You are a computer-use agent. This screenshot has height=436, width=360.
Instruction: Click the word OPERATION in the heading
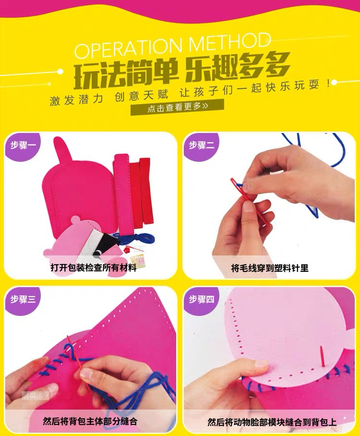128,47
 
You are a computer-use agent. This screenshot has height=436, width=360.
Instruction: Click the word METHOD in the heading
229,42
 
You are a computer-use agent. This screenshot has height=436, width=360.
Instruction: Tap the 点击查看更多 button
177,107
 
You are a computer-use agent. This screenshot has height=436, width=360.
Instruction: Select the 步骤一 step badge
23,145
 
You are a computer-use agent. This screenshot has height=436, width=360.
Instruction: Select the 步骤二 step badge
201,145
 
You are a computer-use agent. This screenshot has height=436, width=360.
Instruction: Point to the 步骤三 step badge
23,300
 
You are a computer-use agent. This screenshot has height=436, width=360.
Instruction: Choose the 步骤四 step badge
201,300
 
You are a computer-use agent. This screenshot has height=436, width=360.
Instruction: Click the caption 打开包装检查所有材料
94,268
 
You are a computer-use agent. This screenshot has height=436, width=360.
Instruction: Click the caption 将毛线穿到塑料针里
270,268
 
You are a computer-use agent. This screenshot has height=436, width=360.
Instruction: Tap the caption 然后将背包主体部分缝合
90,421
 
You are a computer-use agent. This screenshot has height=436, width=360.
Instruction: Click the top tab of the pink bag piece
61,149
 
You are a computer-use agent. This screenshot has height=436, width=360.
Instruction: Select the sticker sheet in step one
137,261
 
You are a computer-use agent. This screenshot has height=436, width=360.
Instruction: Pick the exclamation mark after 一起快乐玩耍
329,84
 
